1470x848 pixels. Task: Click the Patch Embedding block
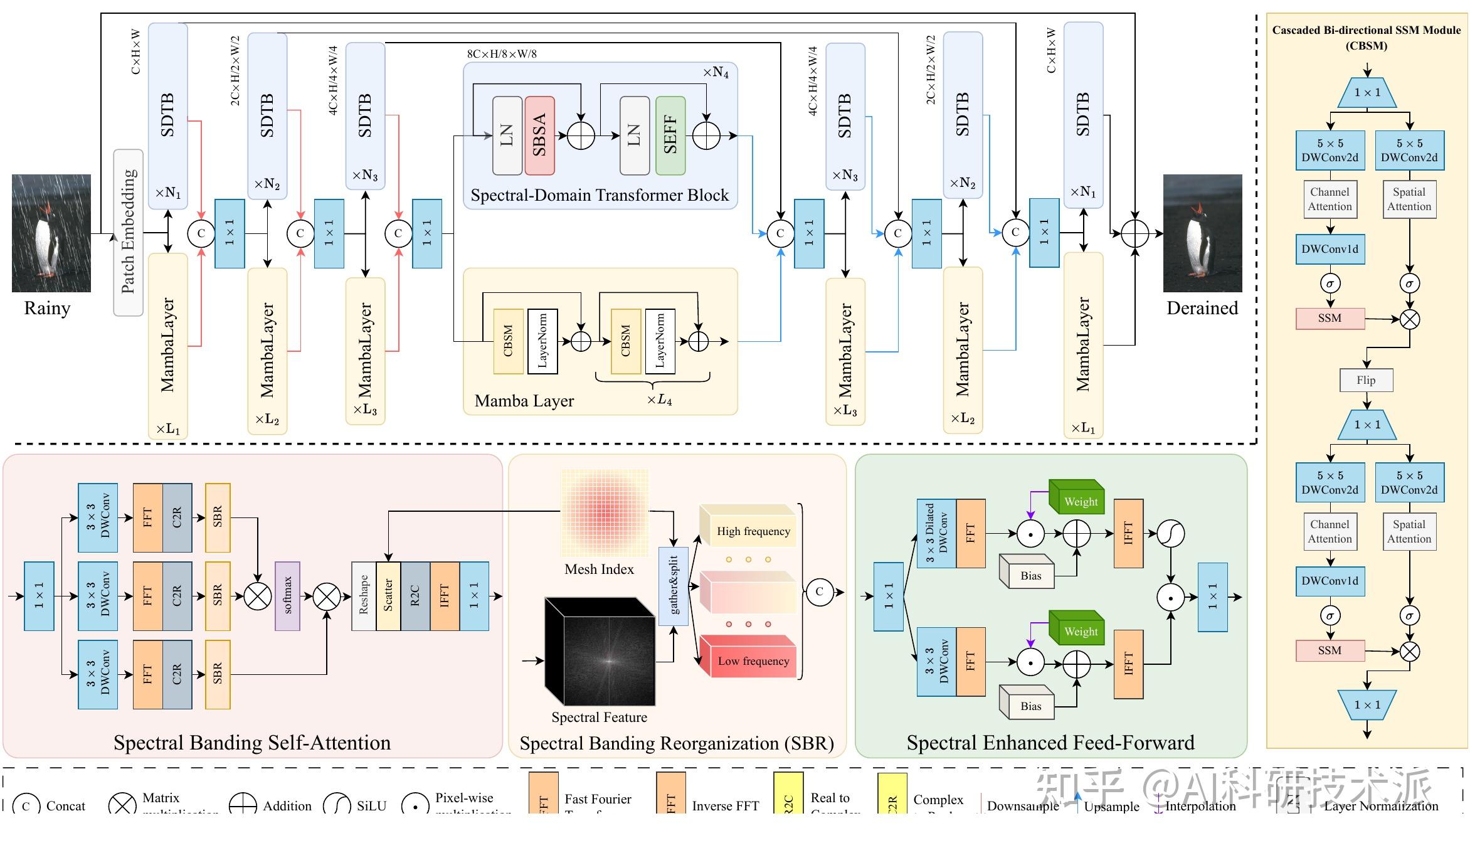click(x=128, y=232)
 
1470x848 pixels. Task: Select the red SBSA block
click(x=539, y=135)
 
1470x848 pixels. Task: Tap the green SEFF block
click(x=670, y=135)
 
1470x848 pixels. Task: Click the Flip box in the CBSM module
click(x=1366, y=380)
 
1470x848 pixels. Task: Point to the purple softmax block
click(x=287, y=596)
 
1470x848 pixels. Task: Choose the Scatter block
click(x=388, y=596)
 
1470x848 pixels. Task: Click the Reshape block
click(x=364, y=596)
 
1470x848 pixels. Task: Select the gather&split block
click(x=674, y=586)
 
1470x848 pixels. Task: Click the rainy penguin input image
click(x=51, y=233)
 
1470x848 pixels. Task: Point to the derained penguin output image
click(x=1202, y=233)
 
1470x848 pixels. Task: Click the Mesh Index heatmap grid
click(x=604, y=513)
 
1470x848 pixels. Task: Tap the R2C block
click(x=415, y=596)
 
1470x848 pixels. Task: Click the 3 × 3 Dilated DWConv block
click(x=936, y=533)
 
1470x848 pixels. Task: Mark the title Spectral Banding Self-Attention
click(x=251, y=743)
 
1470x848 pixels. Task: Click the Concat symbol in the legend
click(x=26, y=806)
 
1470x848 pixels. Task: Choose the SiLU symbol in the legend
click(x=337, y=805)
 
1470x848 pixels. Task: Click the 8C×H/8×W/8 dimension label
click(x=502, y=54)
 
